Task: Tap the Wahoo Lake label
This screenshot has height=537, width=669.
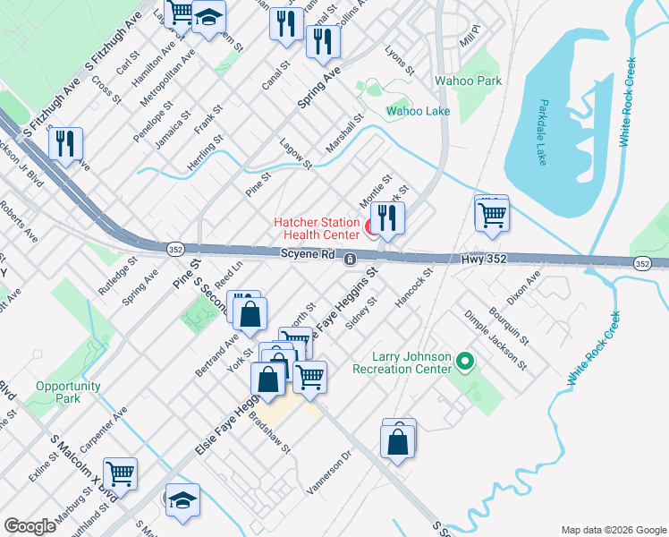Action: pos(418,112)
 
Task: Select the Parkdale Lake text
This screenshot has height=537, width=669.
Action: pos(542,138)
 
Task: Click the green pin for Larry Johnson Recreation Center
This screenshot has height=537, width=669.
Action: pos(463,362)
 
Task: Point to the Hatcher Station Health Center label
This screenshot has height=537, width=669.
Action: pos(317,228)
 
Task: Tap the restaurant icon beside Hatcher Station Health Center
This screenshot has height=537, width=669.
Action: pos(387,219)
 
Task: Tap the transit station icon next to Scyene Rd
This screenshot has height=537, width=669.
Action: pos(351,259)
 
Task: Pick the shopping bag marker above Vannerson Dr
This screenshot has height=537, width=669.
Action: pos(398,440)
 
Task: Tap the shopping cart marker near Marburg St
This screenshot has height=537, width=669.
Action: pos(120,473)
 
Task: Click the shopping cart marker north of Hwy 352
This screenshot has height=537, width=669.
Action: pos(491,215)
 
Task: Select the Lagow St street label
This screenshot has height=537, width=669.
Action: pos(295,153)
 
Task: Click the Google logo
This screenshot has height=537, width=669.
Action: pos(30,525)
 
